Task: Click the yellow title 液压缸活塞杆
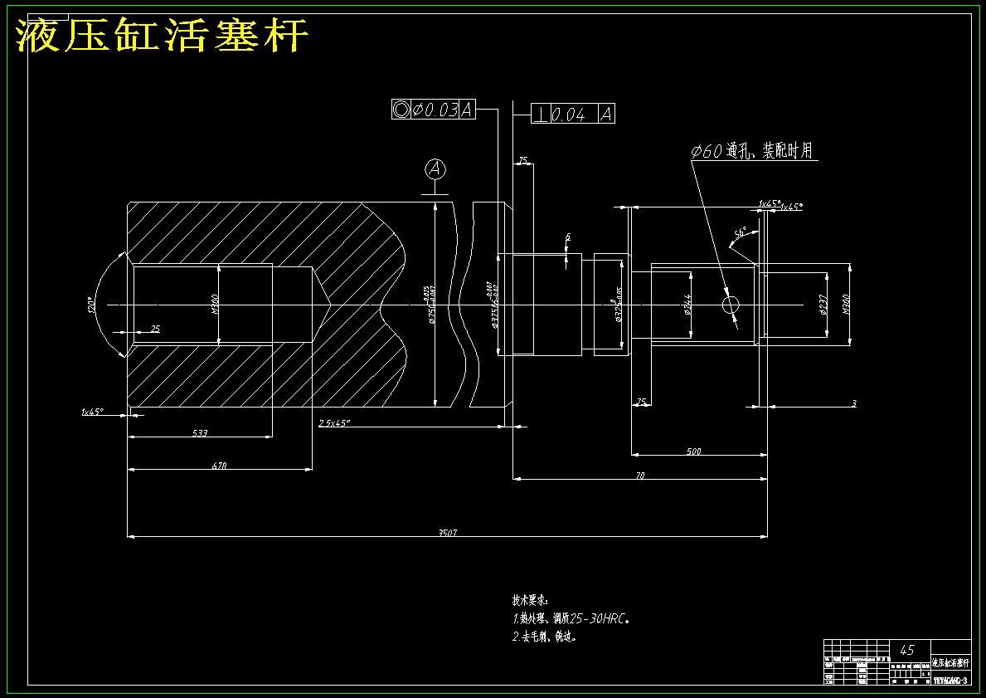pos(163,36)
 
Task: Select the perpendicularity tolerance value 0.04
pos(569,115)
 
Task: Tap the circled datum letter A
pos(435,169)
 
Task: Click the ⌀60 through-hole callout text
pos(752,151)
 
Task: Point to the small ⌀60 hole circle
pos(731,305)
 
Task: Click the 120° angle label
pos(90,305)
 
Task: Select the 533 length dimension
pos(200,433)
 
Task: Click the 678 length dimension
pos(219,466)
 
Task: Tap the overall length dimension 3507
pos(447,533)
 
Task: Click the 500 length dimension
pos(694,452)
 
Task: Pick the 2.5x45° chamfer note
pos(334,423)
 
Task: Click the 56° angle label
pos(741,232)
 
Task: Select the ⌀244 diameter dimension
pos(687,305)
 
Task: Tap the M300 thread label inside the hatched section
pos(215,305)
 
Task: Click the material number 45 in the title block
pos(907,650)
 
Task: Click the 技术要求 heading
pos(530,599)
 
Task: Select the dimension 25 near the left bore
pos(155,329)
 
